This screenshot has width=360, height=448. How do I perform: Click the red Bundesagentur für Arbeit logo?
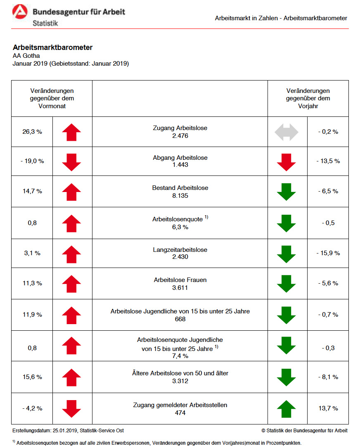(x=20, y=12)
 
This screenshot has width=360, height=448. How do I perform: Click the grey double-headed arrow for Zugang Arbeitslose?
(x=286, y=132)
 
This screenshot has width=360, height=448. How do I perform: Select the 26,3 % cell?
(x=32, y=132)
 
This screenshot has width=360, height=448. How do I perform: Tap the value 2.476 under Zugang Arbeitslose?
(x=180, y=136)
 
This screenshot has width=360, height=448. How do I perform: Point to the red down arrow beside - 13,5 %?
(x=286, y=162)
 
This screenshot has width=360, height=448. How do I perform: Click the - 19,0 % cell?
(x=32, y=161)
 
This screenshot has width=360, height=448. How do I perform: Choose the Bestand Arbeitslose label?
(x=180, y=188)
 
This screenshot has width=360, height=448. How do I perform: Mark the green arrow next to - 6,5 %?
(x=286, y=192)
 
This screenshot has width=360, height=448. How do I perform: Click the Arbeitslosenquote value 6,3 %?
(x=180, y=227)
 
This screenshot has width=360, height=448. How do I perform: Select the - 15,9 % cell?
(x=328, y=253)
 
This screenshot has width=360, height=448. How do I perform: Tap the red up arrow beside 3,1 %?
(x=71, y=254)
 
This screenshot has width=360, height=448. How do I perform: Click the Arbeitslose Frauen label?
(x=180, y=280)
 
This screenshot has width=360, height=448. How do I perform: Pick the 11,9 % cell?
(x=32, y=315)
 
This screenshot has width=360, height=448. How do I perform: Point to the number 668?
(x=180, y=319)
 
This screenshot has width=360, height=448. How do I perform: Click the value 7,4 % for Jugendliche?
(x=180, y=356)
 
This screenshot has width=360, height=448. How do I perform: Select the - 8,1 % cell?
(x=328, y=377)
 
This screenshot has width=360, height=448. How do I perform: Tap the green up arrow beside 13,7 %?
(x=286, y=409)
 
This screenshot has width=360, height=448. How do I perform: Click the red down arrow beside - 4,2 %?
(x=71, y=409)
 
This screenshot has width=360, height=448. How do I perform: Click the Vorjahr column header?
(x=308, y=98)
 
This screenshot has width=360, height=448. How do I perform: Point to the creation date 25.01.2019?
(x=65, y=431)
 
